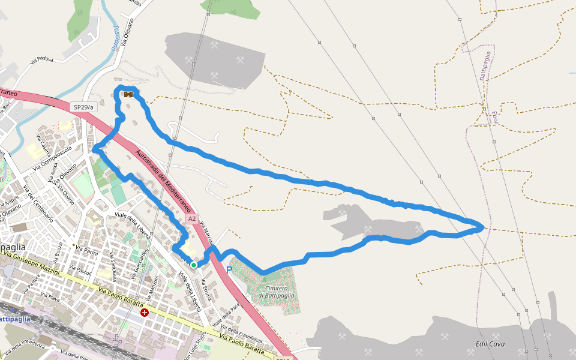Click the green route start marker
pos(194,265)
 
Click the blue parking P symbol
pos(229,269)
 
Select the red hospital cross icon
pos(145,312)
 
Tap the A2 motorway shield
pos(191,220)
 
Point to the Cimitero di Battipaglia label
pos(277,292)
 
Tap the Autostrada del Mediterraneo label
pos(164,181)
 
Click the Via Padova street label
pos(41,60)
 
